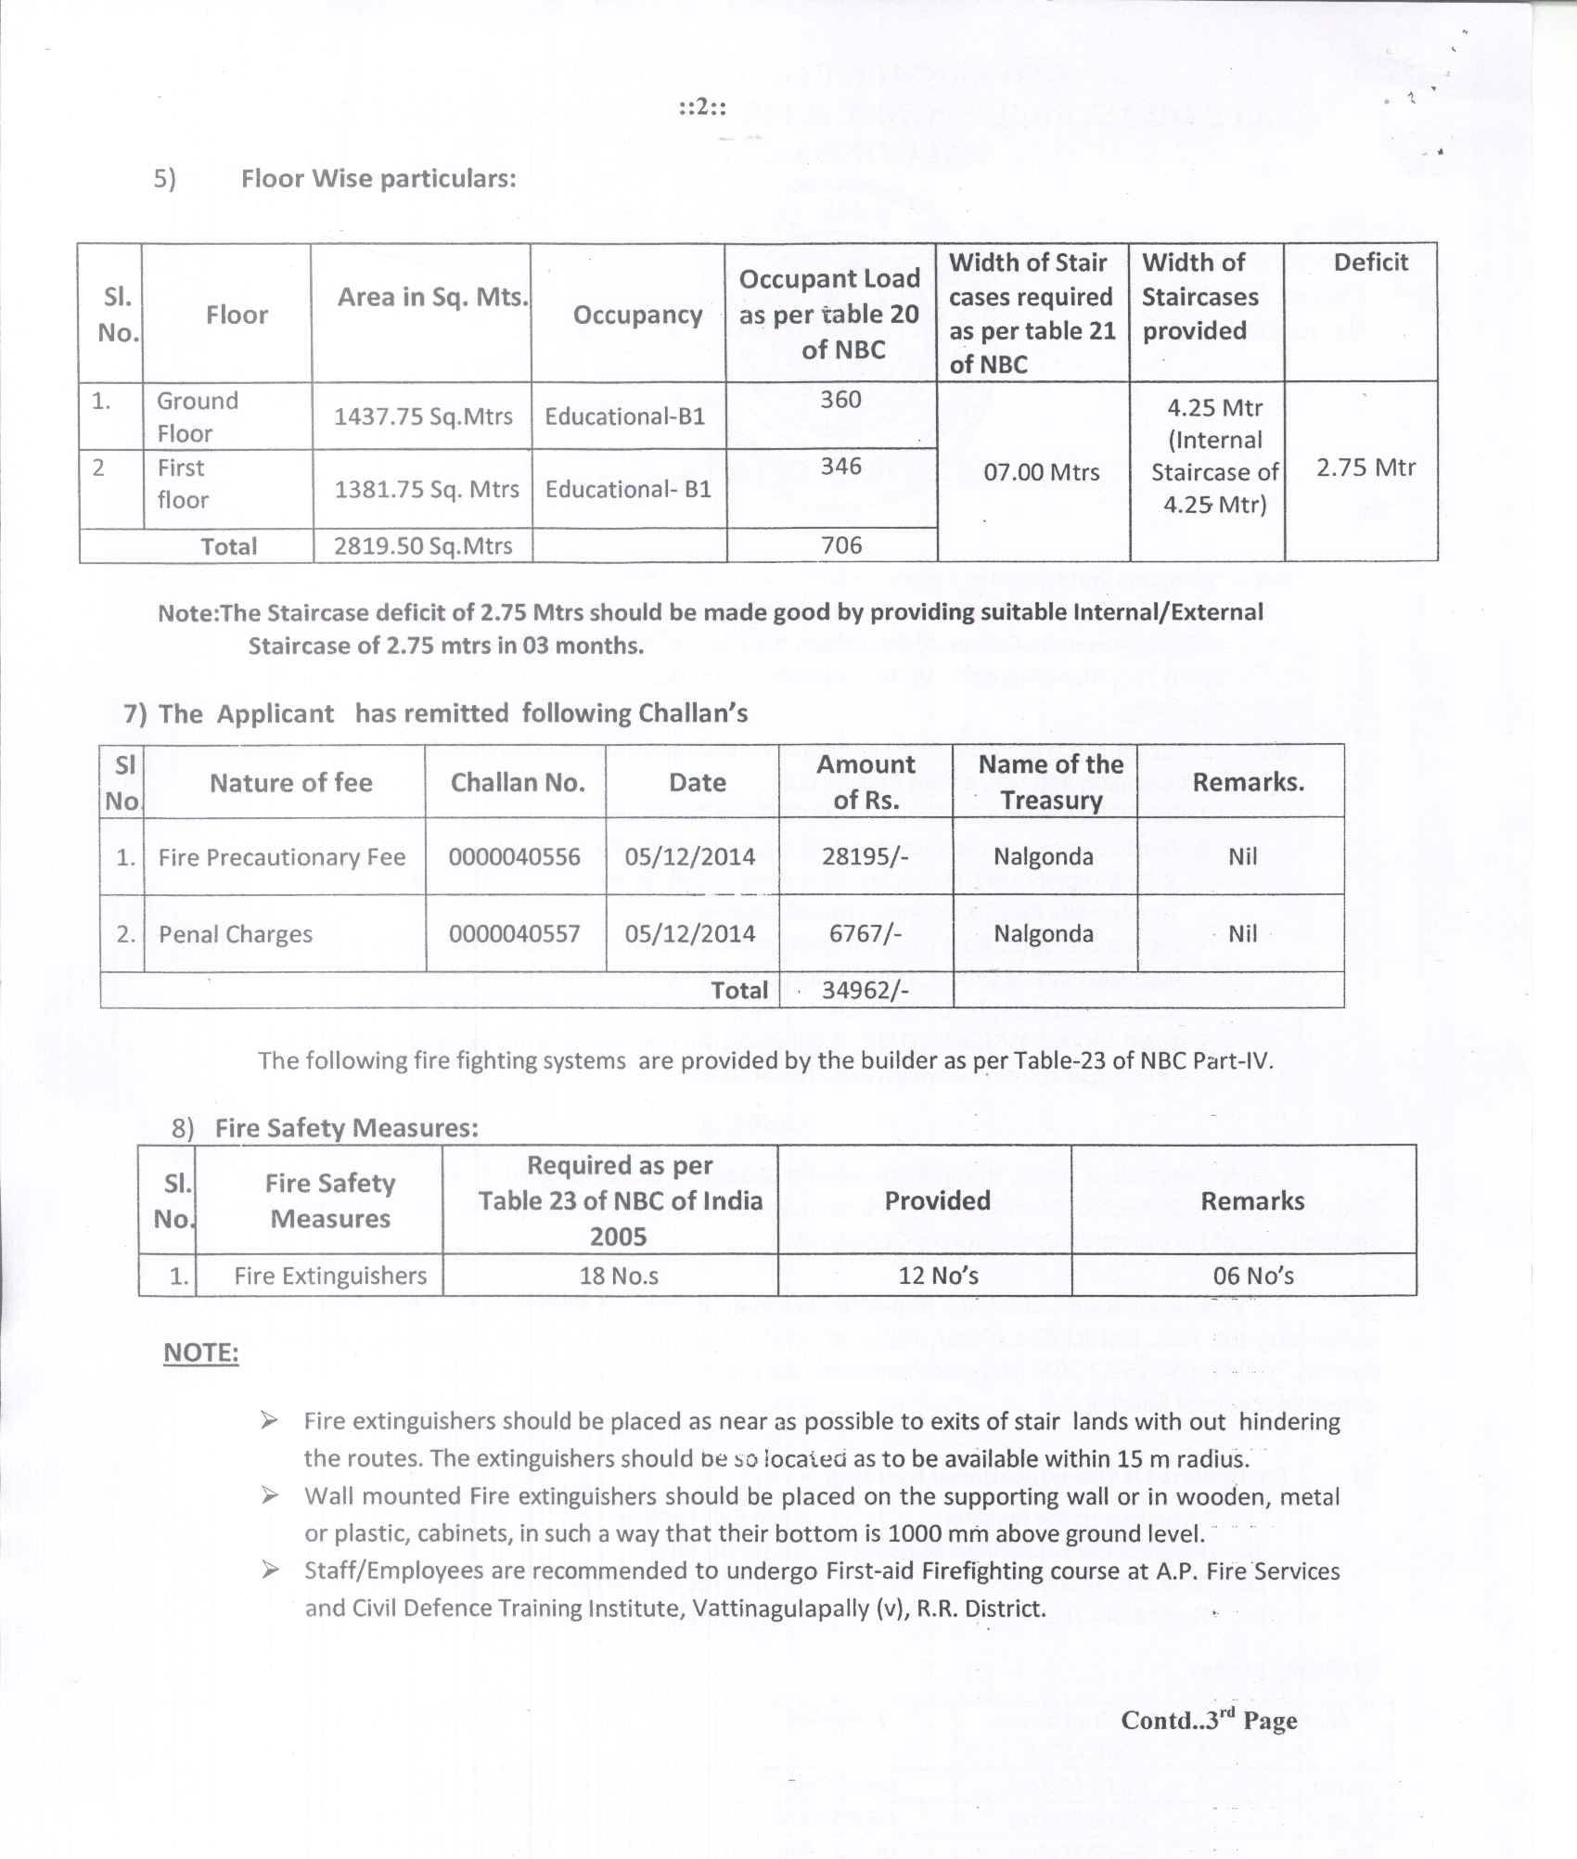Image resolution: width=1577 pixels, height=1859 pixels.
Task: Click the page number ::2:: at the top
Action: click(701, 107)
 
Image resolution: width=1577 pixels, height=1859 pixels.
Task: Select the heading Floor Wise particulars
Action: click(378, 178)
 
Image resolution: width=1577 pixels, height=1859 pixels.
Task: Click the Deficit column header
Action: click(1370, 263)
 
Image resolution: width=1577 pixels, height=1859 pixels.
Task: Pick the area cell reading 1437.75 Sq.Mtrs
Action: click(423, 417)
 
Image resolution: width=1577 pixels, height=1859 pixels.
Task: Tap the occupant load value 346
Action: click(840, 466)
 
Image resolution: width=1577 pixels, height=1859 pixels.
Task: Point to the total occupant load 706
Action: click(840, 545)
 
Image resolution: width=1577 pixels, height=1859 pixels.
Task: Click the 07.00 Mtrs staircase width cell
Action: click(1041, 472)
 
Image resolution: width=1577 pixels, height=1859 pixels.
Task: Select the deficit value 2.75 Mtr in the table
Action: click(1365, 467)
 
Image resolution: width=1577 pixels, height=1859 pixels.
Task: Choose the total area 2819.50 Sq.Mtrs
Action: click(423, 546)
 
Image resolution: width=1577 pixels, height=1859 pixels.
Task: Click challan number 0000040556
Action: click(515, 856)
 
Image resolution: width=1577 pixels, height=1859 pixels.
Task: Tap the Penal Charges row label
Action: click(236, 934)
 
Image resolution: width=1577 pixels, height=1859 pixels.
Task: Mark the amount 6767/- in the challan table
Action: click(865, 933)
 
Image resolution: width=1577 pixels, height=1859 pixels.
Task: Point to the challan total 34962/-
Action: click(865, 990)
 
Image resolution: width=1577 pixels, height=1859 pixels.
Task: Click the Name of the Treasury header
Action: click(1050, 782)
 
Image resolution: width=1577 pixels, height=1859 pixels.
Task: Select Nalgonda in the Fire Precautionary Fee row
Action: click(1044, 856)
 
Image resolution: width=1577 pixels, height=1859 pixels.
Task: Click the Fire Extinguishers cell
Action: click(330, 1276)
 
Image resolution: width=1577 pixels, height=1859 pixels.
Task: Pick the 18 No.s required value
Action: click(619, 1276)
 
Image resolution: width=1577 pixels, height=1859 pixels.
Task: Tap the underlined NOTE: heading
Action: click(200, 1353)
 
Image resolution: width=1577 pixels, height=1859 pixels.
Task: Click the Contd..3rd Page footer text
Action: click(1209, 1720)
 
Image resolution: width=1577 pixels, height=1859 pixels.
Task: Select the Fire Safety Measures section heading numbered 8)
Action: click(346, 1128)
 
